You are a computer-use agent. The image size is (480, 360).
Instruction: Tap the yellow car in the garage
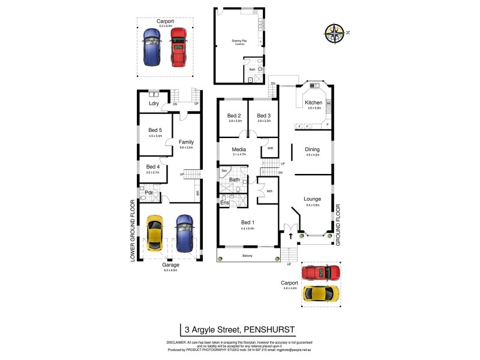pos(154,232)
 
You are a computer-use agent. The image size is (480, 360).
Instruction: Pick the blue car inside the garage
pos(184,232)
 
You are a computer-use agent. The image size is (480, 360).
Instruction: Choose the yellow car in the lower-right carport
pos(320,293)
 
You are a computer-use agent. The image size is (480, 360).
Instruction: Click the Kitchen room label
pos(314,103)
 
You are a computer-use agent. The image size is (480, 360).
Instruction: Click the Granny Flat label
pos(240,41)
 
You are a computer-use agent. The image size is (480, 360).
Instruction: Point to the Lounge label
pos(312,199)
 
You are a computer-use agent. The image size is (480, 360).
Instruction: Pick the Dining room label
pos(312,149)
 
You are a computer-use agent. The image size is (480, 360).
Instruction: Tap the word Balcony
pos(248,256)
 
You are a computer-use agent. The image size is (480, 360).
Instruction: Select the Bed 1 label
pos(248,223)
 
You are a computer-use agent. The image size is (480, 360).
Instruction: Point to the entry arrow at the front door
pos(292,236)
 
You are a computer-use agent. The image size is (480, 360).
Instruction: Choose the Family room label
pos(186,142)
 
